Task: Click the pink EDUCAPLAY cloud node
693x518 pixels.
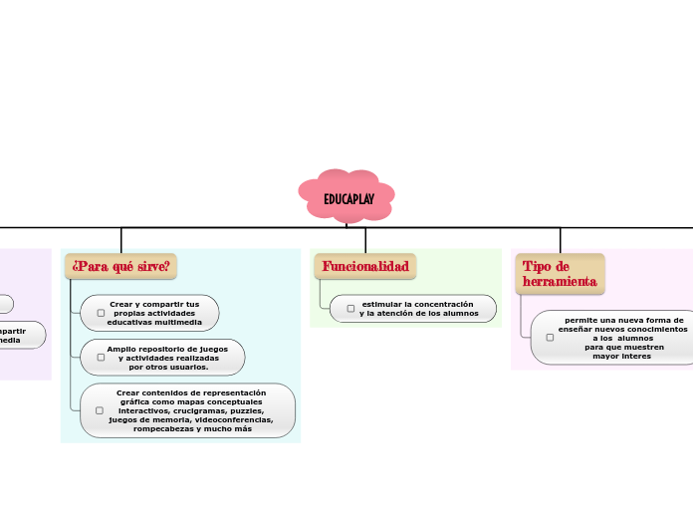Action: (x=346, y=197)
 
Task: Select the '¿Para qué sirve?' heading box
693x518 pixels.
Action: (x=120, y=266)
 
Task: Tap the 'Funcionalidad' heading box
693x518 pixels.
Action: (x=365, y=266)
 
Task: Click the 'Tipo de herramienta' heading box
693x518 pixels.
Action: (x=559, y=273)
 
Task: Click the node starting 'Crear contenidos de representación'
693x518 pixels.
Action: (x=189, y=410)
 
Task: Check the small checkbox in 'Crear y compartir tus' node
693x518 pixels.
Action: (x=101, y=313)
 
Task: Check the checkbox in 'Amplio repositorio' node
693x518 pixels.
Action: (x=101, y=358)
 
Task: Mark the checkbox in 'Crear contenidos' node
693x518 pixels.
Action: (x=100, y=410)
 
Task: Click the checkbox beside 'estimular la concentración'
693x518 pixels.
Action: (x=350, y=309)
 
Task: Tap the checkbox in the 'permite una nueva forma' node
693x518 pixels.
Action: (x=550, y=338)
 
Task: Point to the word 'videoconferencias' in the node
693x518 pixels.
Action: (x=233, y=419)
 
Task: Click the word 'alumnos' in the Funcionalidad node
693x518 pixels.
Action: (x=457, y=314)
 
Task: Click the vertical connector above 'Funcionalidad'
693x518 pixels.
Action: (x=365, y=239)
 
